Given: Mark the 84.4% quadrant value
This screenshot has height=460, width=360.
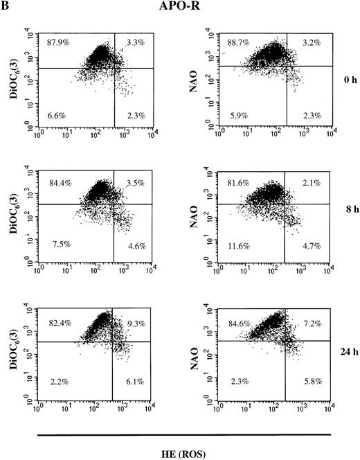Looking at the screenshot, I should point(59,184).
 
